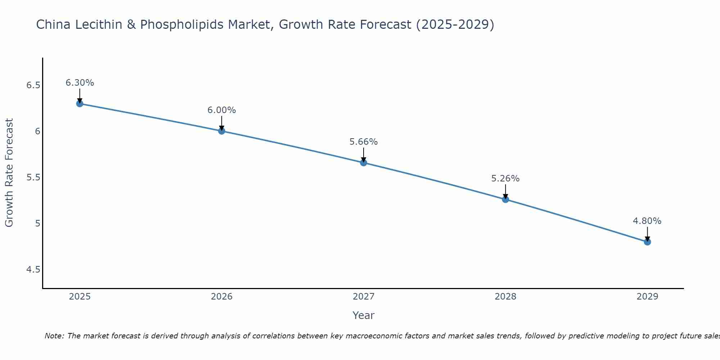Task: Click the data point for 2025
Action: click(80, 104)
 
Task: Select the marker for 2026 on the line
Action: click(222, 131)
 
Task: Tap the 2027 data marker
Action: click(364, 163)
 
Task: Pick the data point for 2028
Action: click(505, 199)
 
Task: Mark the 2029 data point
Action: click(647, 242)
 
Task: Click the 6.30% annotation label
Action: click(80, 83)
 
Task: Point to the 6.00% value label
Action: click(222, 110)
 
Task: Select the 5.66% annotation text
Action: click(364, 142)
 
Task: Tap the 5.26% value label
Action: click(505, 179)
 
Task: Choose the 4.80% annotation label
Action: click(647, 221)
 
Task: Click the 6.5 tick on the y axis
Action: click(33, 85)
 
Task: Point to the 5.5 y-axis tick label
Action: click(33, 177)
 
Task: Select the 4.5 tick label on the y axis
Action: click(33, 270)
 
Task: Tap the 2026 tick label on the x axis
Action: click(222, 297)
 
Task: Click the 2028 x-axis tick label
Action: click(505, 297)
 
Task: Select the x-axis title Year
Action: click(364, 315)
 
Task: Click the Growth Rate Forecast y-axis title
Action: click(9, 173)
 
